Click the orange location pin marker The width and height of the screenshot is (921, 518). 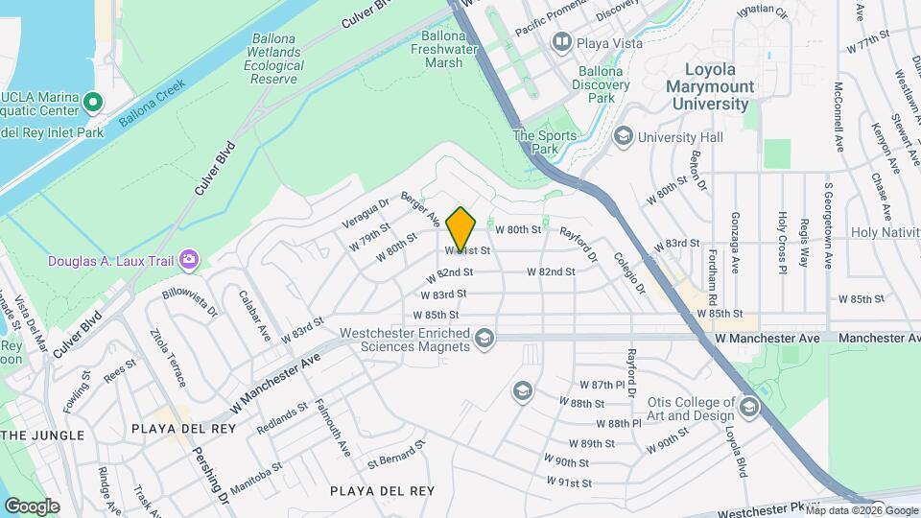point(461,228)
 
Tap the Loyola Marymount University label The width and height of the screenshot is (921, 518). point(723,86)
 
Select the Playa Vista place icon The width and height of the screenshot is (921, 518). point(561,42)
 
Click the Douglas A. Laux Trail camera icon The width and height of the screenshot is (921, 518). point(189,259)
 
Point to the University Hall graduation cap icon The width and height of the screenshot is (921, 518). point(624,137)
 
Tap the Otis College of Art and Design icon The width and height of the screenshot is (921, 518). point(748,409)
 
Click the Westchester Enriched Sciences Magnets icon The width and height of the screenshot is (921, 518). point(485,339)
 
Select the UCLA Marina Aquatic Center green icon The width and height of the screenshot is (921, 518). point(93,101)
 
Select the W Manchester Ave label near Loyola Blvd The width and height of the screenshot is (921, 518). point(767,339)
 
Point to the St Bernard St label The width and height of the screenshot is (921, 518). point(394,457)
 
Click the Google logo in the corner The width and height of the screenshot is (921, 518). point(32,506)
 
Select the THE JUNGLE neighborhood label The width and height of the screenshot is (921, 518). point(43,436)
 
